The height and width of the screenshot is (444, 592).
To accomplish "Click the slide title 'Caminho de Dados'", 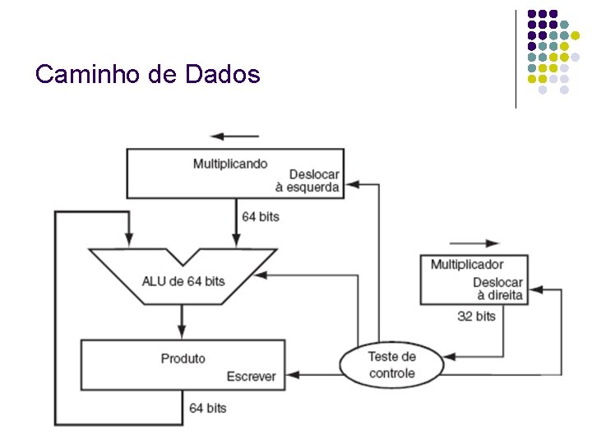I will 148,75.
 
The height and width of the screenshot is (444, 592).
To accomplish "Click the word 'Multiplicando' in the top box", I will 230,164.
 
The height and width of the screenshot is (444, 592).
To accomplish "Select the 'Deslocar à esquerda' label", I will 308,181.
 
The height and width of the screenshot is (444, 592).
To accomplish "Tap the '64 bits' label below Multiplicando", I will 261,216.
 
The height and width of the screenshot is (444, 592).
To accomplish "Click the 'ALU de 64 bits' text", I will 183,281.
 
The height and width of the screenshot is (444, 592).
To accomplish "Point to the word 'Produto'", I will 183,358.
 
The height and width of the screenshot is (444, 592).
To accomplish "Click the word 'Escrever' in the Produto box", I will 252,377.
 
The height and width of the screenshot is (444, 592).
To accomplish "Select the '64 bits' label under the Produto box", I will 208,408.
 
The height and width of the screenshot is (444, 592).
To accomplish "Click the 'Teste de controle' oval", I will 391,365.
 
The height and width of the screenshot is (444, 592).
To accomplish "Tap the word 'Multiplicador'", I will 467,264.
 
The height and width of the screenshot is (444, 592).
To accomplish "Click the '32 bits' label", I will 476,316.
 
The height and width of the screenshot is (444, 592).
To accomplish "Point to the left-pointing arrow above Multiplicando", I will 234,136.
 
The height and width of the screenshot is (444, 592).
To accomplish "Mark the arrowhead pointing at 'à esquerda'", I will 349,184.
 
